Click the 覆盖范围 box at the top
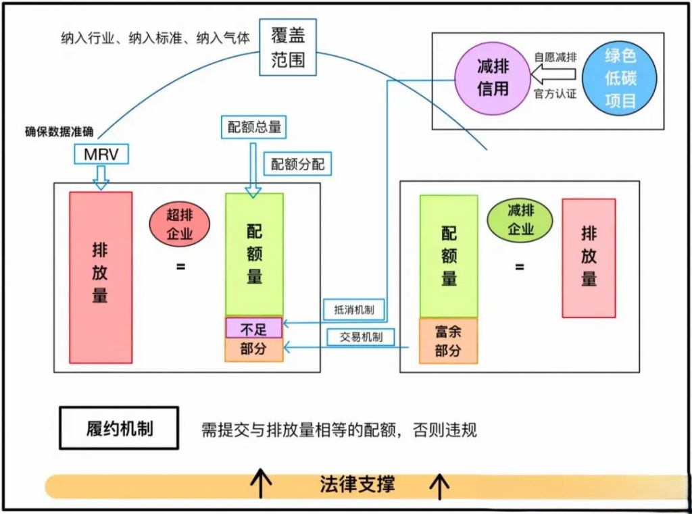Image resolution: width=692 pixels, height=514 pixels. [x=288, y=47]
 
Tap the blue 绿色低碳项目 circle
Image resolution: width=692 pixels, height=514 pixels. [x=620, y=78]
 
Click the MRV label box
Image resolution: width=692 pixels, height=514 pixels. [x=101, y=155]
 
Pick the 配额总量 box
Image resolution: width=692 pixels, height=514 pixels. [x=254, y=126]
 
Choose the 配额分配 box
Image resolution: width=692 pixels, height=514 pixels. [x=297, y=163]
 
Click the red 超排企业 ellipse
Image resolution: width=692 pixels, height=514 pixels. [x=180, y=225]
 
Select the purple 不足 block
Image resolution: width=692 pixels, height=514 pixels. [x=253, y=329]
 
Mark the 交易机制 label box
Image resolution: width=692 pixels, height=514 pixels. [x=360, y=336]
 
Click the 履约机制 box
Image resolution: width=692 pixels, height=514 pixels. [x=119, y=428]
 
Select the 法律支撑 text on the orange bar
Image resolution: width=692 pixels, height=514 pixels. [x=357, y=484]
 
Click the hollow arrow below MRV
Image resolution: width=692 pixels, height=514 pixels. [x=101, y=178]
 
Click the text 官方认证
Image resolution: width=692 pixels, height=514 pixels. [x=555, y=94]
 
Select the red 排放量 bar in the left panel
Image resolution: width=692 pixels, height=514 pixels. [x=101, y=277]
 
